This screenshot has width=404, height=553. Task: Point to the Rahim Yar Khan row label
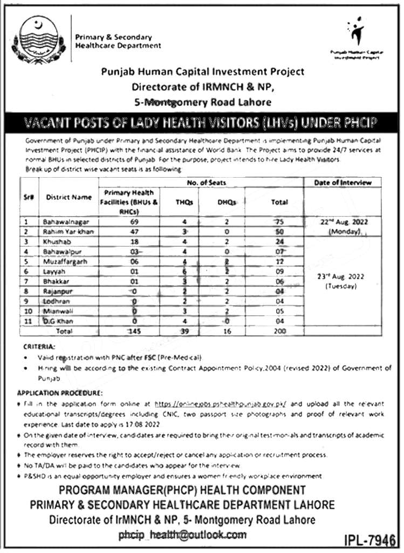67,231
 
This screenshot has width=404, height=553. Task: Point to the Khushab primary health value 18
134,241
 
